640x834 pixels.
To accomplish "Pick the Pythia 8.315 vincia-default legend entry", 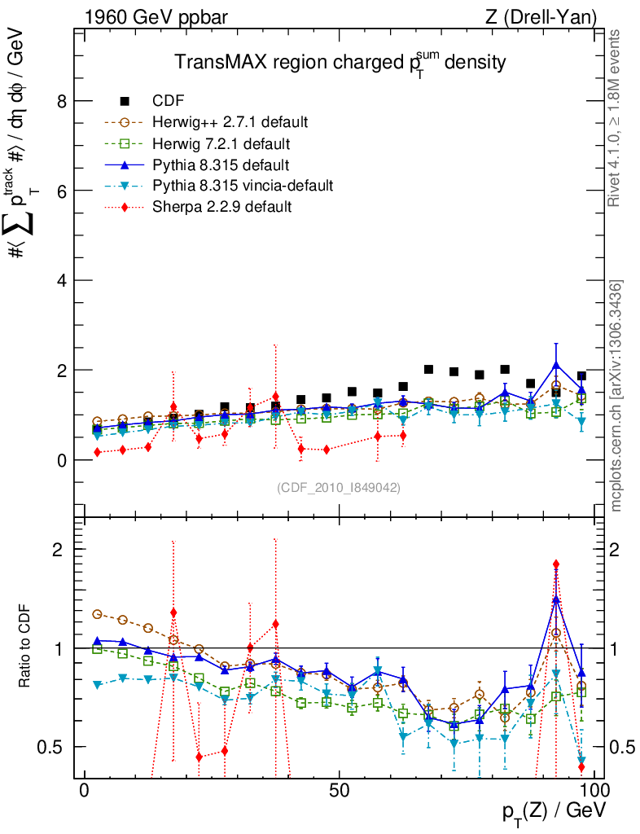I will tap(243, 186).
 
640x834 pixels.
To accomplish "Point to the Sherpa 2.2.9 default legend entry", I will tap(221, 207).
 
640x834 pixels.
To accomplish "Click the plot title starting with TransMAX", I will tap(341, 63).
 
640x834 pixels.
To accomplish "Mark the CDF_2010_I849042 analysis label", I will tap(338, 487).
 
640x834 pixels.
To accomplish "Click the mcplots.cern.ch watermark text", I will tap(616, 396).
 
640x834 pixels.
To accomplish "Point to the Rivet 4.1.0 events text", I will tap(616, 118).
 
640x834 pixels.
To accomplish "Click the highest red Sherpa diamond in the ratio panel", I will tap(556, 564).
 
